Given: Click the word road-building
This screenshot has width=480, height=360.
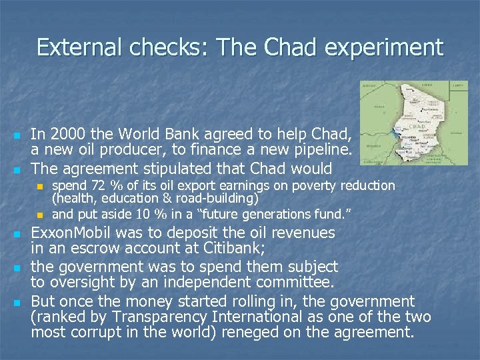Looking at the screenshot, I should [221, 198].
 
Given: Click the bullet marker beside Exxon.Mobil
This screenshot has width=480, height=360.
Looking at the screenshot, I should [18, 235].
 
